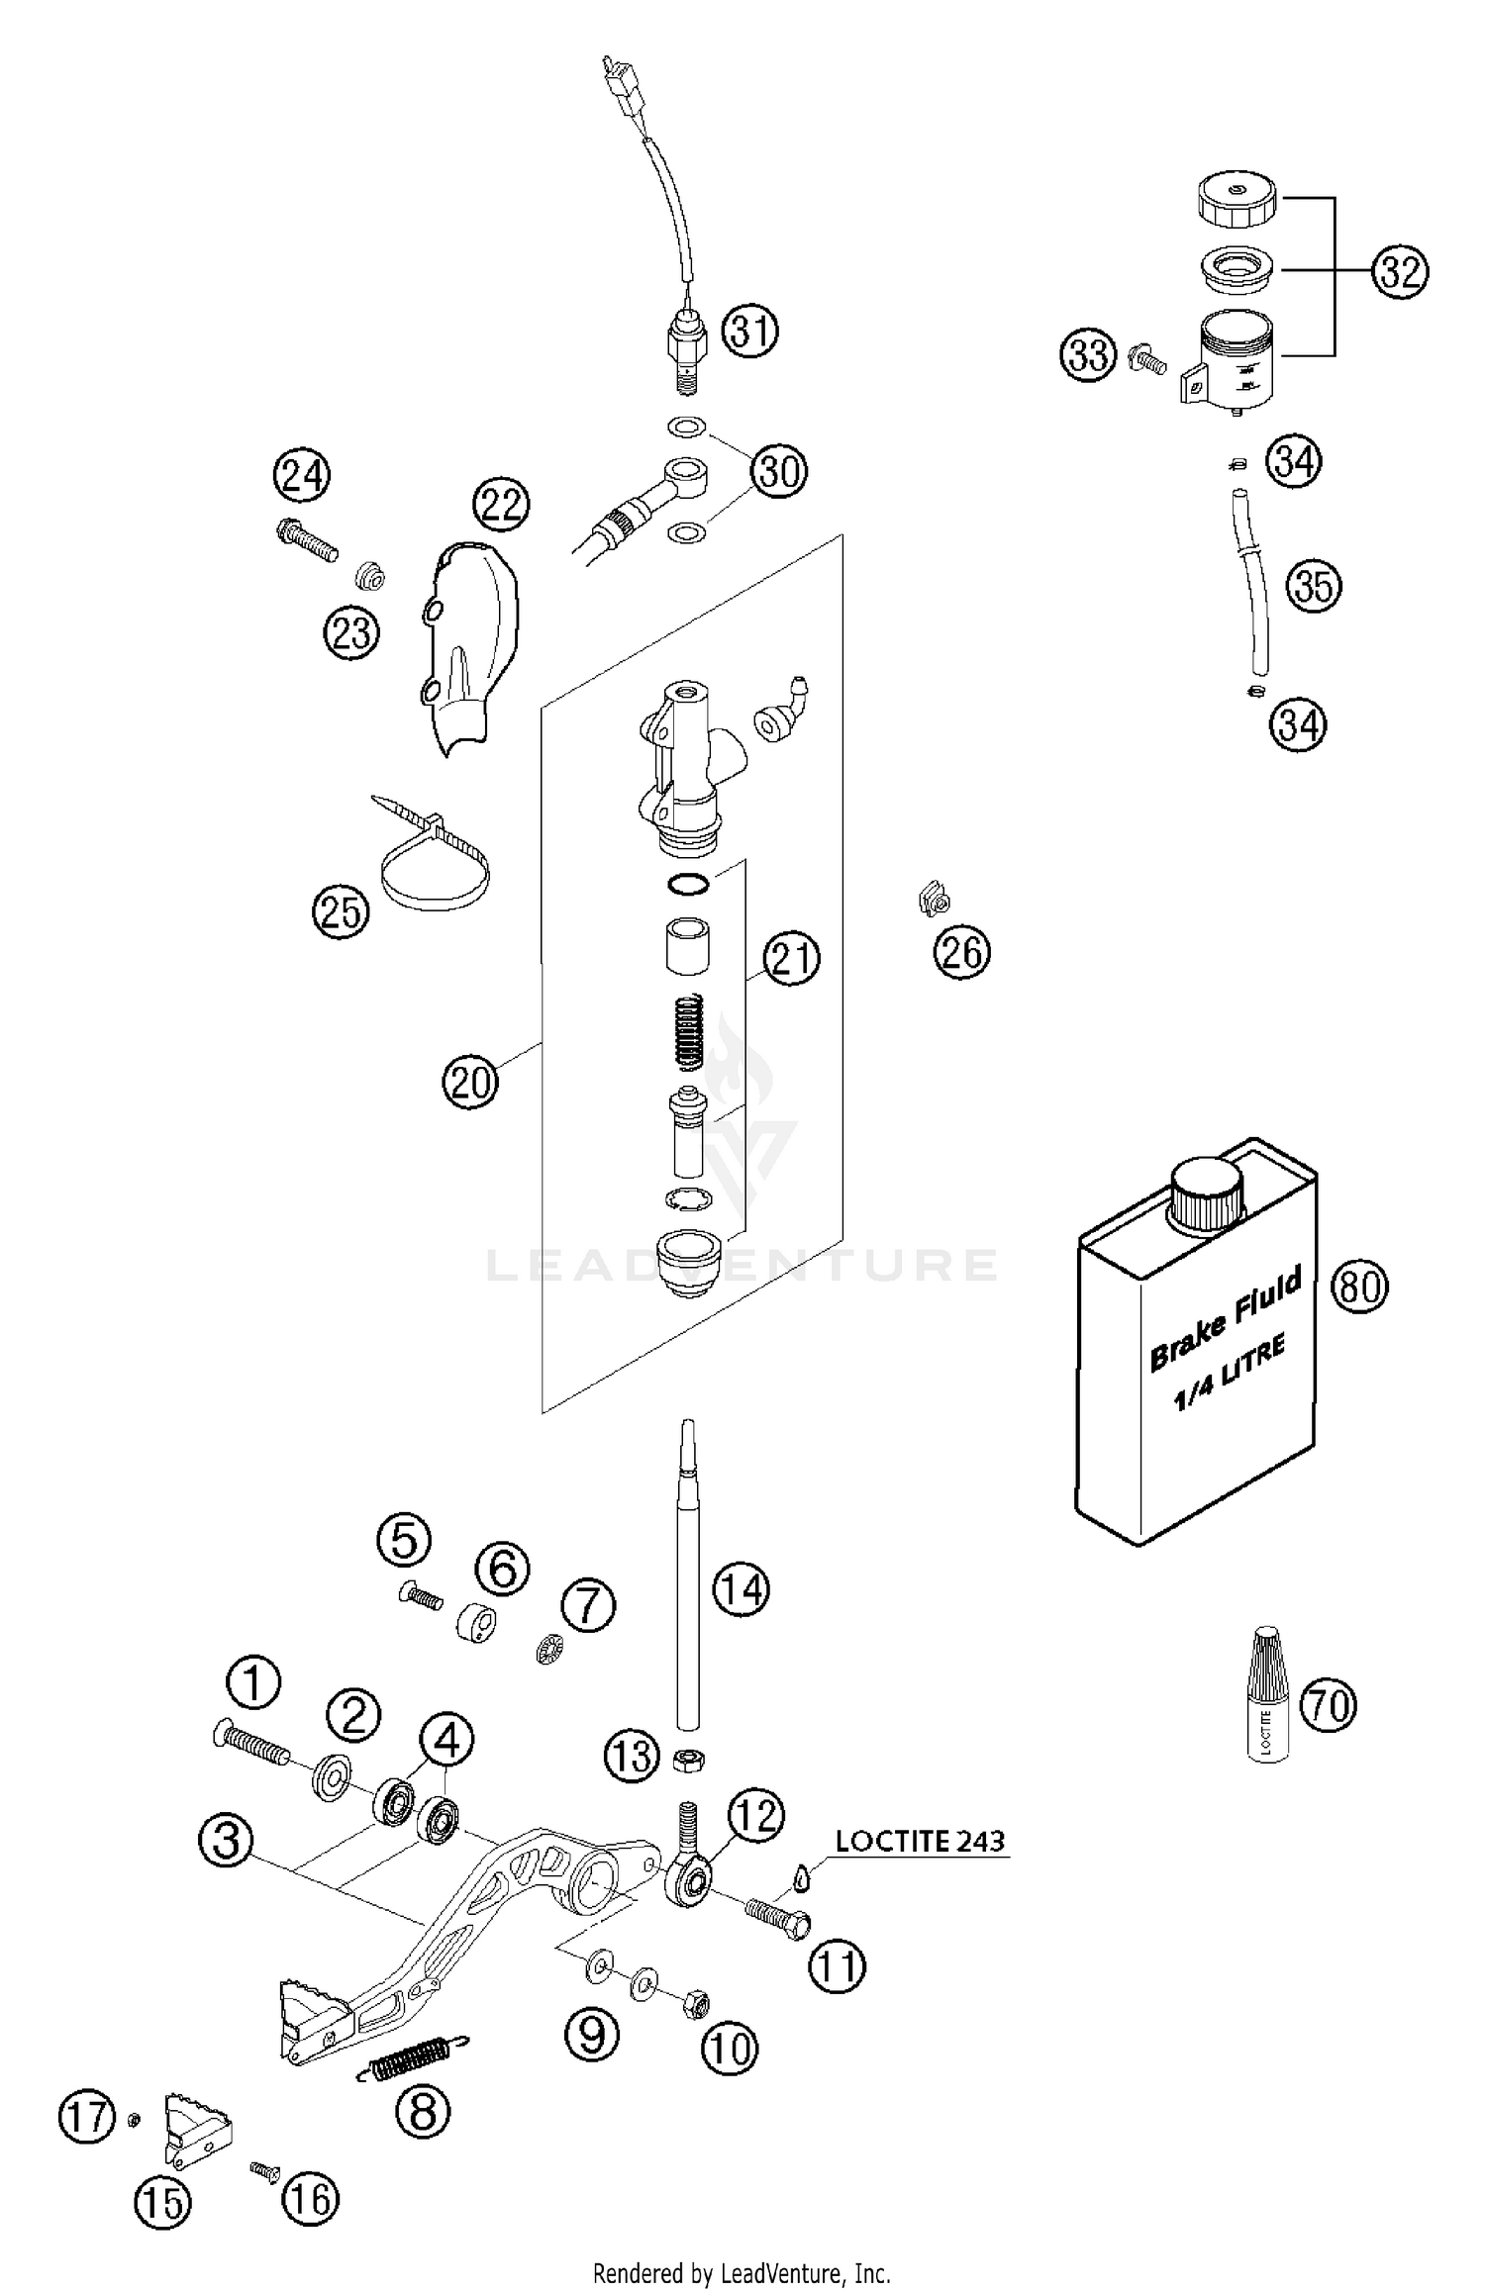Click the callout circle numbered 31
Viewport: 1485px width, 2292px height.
click(x=749, y=331)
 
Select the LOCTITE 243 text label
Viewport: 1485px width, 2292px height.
click(x=920, y=1841)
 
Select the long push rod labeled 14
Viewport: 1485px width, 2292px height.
click(x=688, y=1583)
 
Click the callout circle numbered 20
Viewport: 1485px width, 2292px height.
click(x=470, y=1082)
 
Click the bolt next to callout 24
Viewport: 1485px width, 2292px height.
click(x=306, y=540)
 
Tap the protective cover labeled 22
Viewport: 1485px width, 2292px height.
click(x=471, y=643)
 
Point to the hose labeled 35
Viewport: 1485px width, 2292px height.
click(x=1255, y=584)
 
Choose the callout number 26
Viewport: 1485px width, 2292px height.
click(x=961, y=952)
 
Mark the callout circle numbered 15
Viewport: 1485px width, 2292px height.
click(x=163, y=2202)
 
